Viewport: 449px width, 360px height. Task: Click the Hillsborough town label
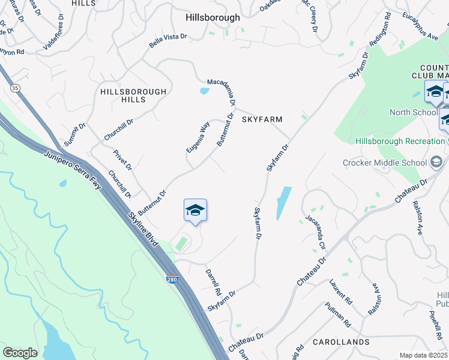click(212, 18)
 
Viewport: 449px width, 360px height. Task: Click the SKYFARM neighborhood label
click(262, 119)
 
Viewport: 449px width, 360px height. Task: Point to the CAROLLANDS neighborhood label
click(341, 342)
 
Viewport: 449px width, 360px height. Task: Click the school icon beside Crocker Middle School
click(436, 163)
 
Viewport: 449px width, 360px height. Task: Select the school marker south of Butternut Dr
click(195, 211)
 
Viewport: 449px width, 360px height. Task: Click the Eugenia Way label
click(197, 137)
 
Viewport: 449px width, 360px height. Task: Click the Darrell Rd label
click(213, 280)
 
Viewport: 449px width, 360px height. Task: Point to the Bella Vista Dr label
click(168, 41)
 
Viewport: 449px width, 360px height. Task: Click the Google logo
click(20, 352)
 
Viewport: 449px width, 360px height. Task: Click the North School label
click(413, 112)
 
